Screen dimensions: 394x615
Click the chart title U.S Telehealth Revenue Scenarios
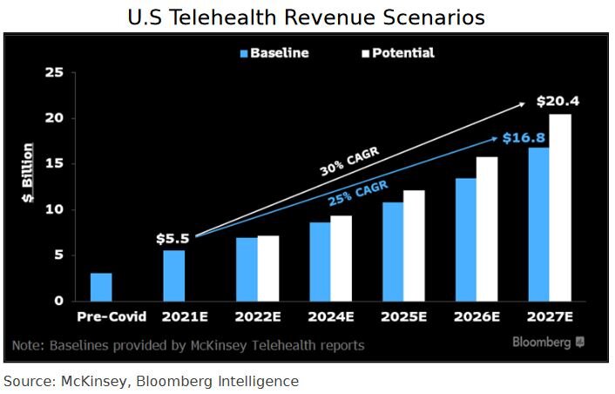coord(307,17)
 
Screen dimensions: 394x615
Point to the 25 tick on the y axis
coord(54,72)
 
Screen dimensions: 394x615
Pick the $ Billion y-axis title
coord(29,173)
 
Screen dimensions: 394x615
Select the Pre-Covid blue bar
coord(101,287)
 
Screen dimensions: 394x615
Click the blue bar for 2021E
coord(173,275)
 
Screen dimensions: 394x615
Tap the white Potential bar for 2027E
coord(560,207)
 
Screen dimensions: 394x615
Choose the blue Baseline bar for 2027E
coord(539,224)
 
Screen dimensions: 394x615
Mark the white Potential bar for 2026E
coord(487,228)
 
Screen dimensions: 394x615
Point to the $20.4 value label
coord(558,101)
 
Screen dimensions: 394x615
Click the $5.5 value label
coord(172,237)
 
